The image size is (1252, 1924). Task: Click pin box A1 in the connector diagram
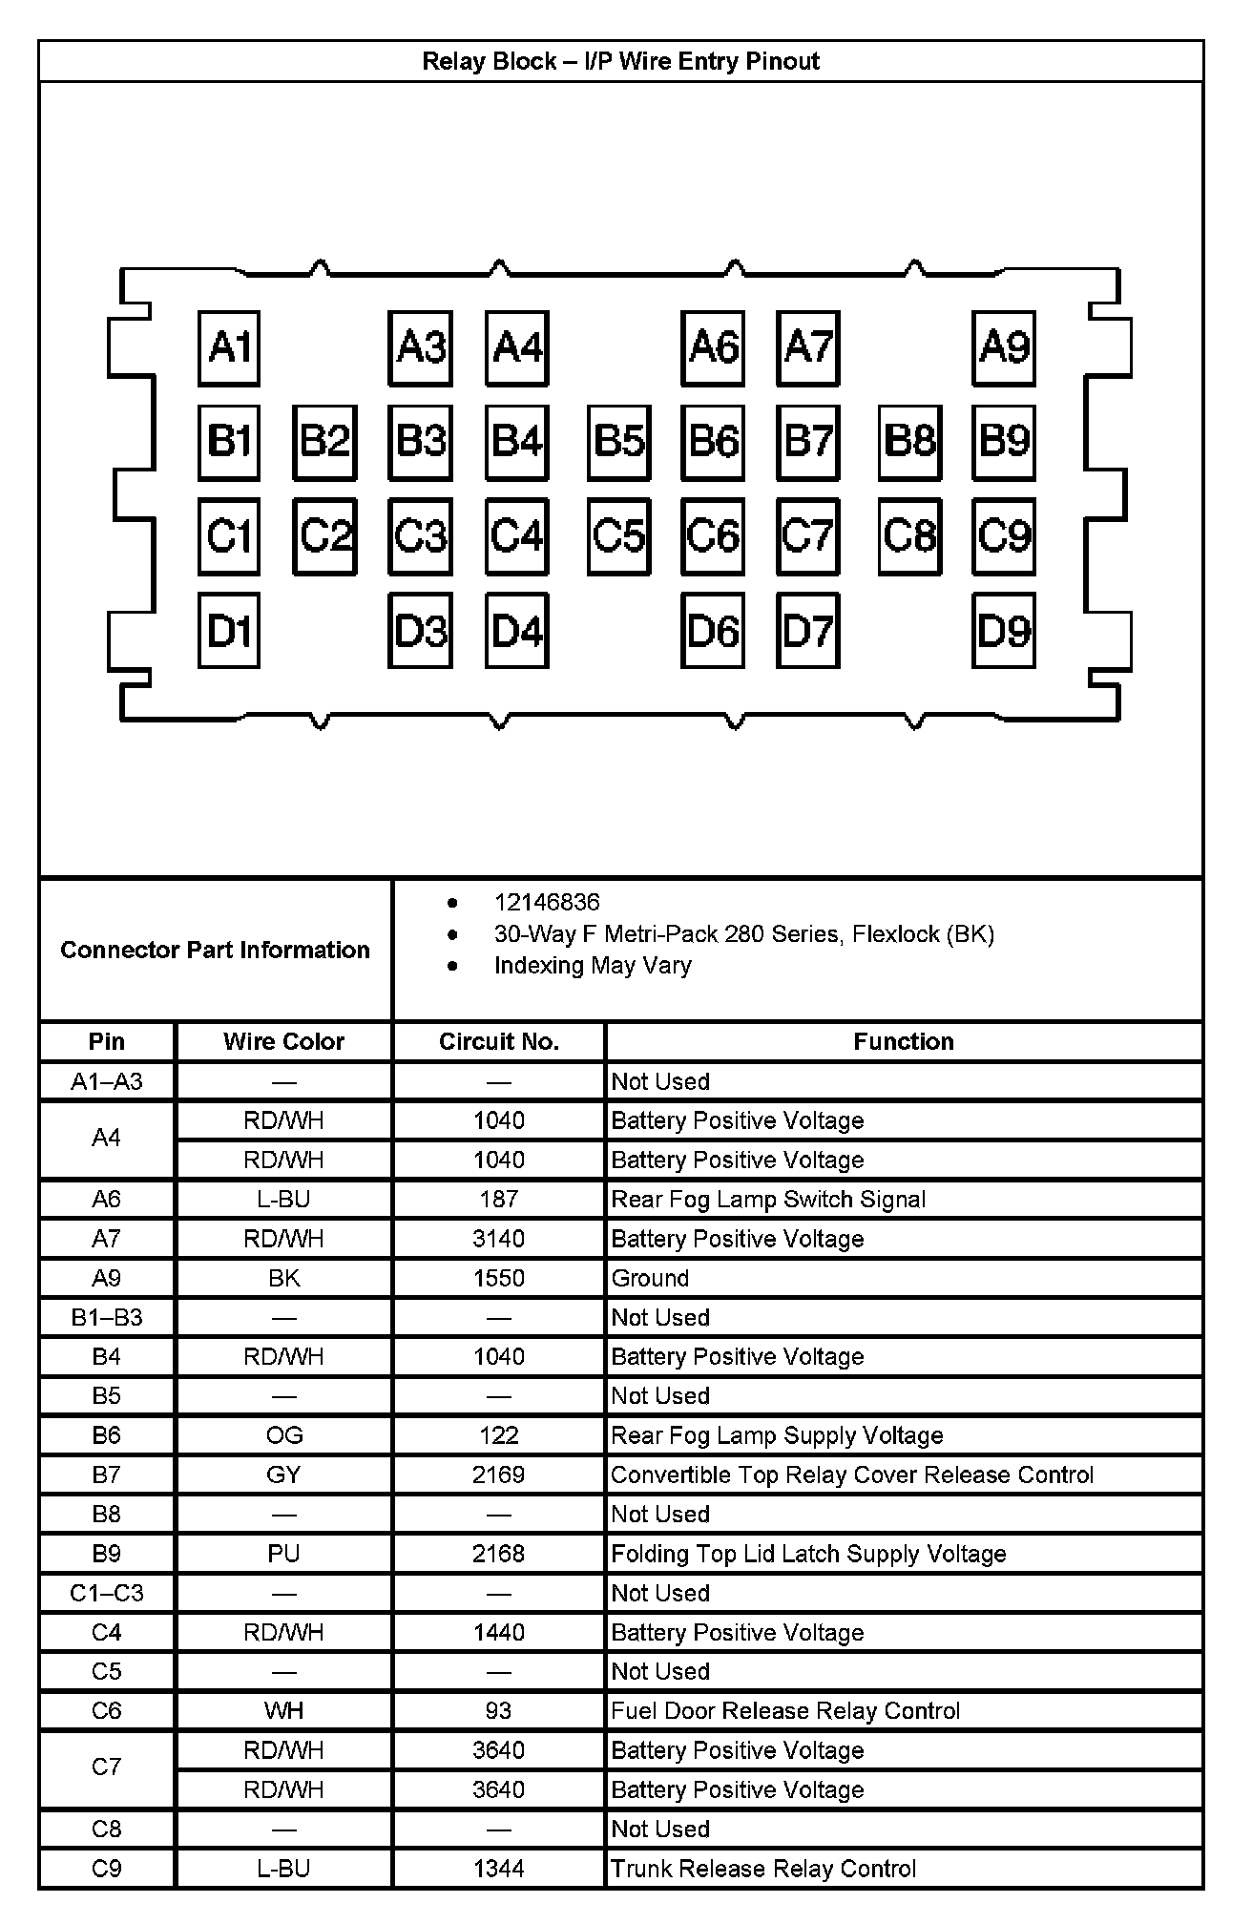[229, 348]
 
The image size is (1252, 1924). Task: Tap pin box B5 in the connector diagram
[619, 442]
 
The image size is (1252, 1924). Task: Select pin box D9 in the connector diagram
[1004, 631]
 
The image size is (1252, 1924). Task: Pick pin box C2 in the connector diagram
[324, 536]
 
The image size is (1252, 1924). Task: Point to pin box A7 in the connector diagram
[808, 348]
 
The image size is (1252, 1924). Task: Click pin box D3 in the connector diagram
[421, 631]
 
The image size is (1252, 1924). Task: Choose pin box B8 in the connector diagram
[910, 442]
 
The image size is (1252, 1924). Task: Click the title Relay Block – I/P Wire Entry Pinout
[620, 62]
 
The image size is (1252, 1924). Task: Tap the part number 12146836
[547, 903]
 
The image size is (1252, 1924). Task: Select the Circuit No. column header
[498, 1041]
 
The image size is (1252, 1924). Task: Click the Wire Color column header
[283, 1041]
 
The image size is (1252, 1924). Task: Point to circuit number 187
[498, 1200]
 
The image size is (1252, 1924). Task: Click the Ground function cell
[650, 1279]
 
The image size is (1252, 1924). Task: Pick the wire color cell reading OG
[283, 1435]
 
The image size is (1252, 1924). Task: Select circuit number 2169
[498, 1475]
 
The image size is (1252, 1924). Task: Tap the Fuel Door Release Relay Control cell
[785, 1711]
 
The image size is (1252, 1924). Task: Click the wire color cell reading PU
[283, 1554]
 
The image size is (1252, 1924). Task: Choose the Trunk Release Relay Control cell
[763, 1869]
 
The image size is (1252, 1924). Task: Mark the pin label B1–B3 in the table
[107, 1318]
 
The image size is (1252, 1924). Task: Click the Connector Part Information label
[215, 951]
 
